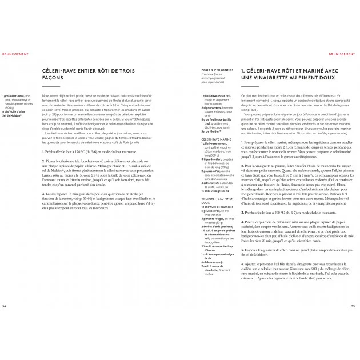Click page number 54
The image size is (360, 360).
(x=5, y=306)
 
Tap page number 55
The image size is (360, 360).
(x=353, y=306)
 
